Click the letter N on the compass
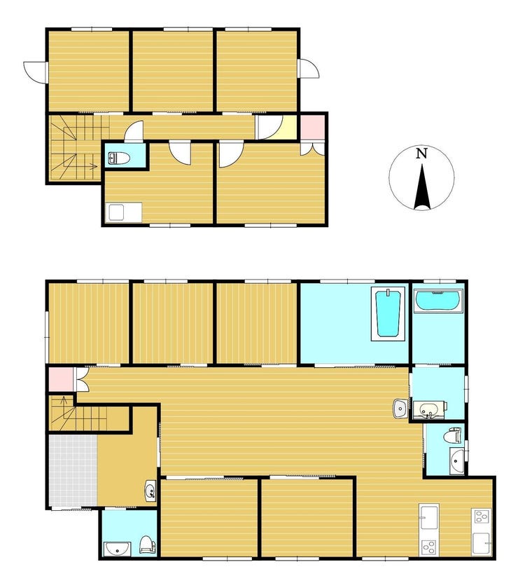[421, 153]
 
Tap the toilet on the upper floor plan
[119, 158]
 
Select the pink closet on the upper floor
[312, 127]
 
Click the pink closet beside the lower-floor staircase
[61, 380]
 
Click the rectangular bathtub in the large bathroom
[388, 314]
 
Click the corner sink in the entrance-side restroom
[116, 549]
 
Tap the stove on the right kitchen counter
[482, 517]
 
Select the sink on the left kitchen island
[429, 517]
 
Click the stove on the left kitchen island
[429, 547]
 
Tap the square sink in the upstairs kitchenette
[116, 213]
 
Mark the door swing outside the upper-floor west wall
[34, 71]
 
